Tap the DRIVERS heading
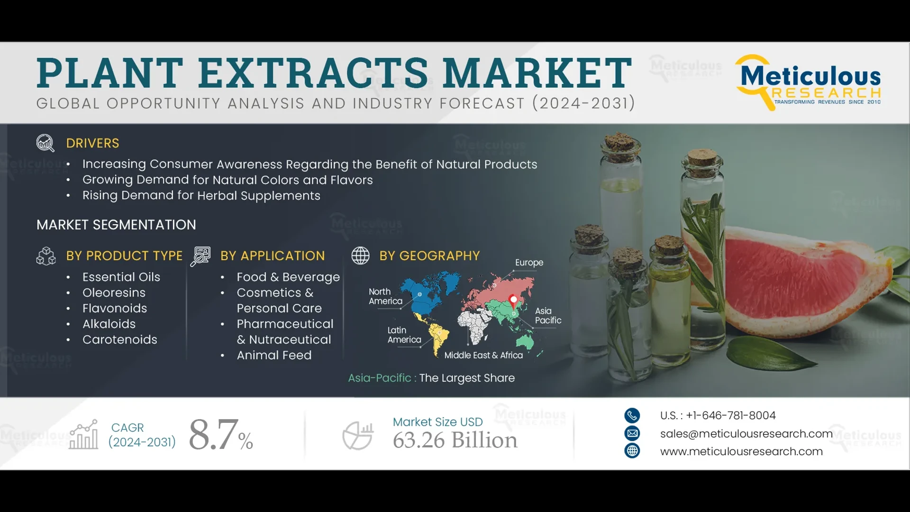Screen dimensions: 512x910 tap(92, 143)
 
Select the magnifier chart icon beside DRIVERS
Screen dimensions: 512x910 tap(45, 143)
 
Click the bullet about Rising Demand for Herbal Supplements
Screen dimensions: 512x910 tap(201, 195)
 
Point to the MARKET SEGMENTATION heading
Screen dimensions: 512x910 tap(116, 225)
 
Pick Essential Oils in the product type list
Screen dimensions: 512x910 tap(121, 277)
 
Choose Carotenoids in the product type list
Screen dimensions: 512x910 tap(119, 339)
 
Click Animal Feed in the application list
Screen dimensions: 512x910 tap(274, 355)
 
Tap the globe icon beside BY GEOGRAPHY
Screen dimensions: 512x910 tap(360, 256)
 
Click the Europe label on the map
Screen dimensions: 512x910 tap(529, 263)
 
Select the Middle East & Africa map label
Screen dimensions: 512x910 tap(483, 355)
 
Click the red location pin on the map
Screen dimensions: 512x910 tap(513, 300)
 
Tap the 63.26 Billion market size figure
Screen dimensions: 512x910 tap(455, 440)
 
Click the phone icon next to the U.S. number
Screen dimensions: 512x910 tap(632, 415)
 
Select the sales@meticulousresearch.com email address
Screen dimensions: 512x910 tap(746, 433)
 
